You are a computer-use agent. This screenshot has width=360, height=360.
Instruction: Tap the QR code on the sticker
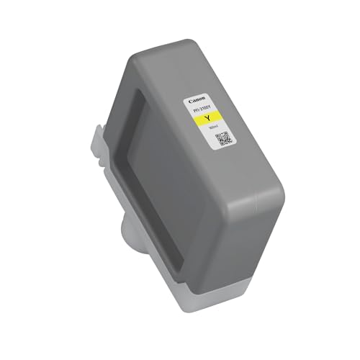tap(222, 138)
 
